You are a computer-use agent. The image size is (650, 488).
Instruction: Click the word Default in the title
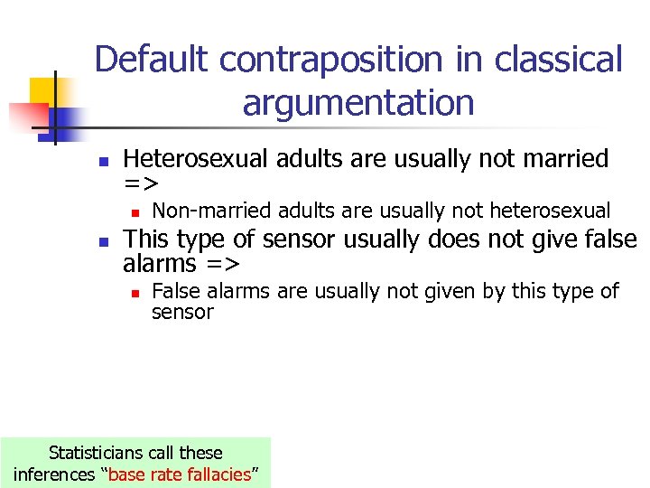(153, 60)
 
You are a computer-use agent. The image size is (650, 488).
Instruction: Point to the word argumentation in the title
(357, 102)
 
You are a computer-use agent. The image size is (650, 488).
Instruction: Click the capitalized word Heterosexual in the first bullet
(196, 159)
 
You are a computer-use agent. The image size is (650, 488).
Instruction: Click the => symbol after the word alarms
(221, 264)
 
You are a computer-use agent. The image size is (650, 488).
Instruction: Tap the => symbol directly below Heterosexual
(141, 183)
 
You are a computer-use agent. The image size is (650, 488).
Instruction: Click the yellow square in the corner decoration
(42, 91)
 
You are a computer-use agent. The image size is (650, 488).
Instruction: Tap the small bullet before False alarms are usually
(133, 293)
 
